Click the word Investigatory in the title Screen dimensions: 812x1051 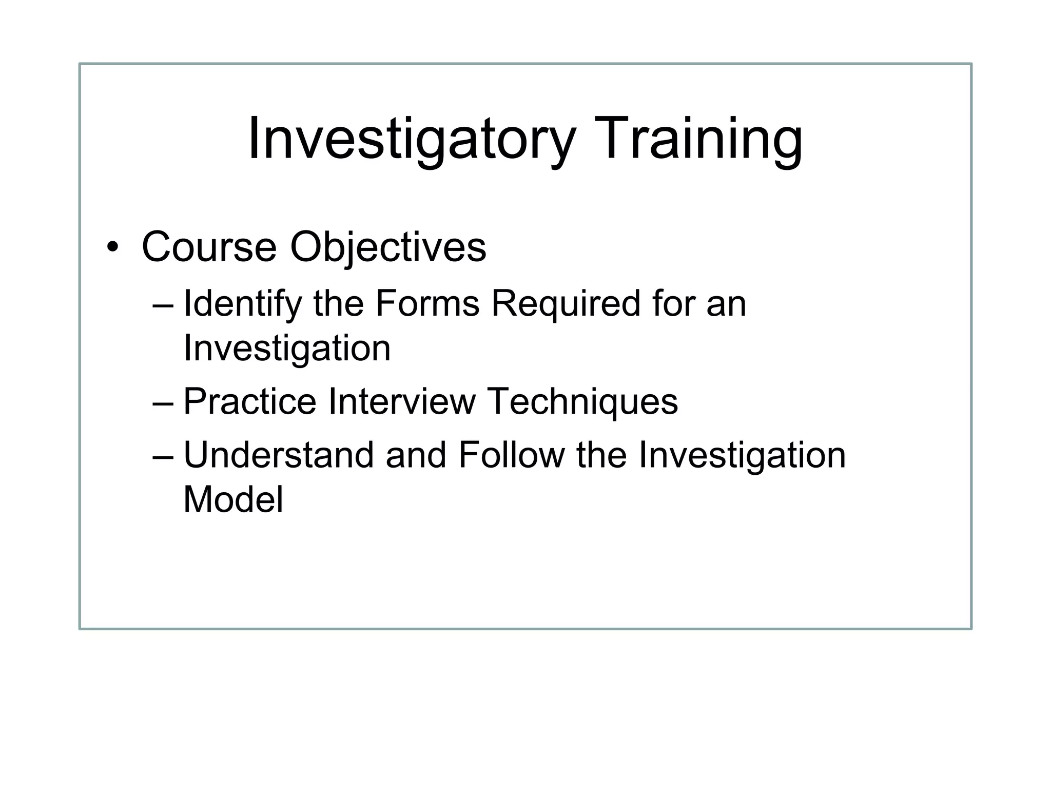(411, 140)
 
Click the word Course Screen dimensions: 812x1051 (209, 247)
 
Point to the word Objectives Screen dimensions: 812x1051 (388, 247)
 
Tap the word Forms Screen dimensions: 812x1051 (427, 304)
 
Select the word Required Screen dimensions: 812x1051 (566, 304)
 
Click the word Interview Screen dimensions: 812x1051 (402, 401)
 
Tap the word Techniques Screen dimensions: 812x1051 (583, 401)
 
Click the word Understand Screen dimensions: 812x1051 (278, 455)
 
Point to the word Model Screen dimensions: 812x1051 (233, 499)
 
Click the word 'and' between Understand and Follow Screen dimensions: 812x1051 (416, 455)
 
